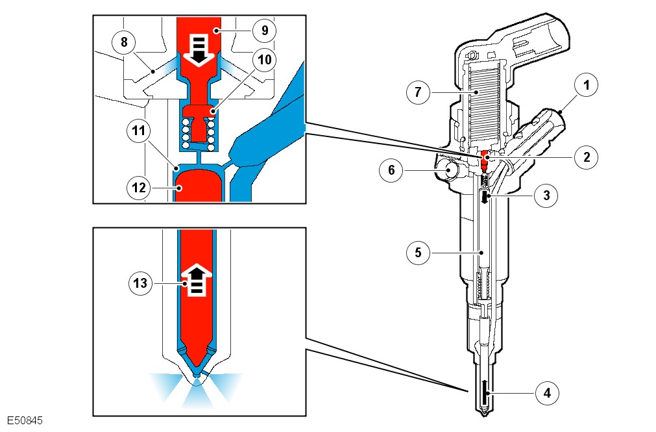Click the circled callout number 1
pos(586,84)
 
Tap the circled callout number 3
pos(548,194)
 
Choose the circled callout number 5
pos(419,252)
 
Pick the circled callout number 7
pos(419,92)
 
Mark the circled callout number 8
pos(123,43)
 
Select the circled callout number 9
pos(265,30)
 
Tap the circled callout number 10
pos(265,60)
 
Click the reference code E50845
pos(25,421)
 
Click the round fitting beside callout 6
pos(447,171)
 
